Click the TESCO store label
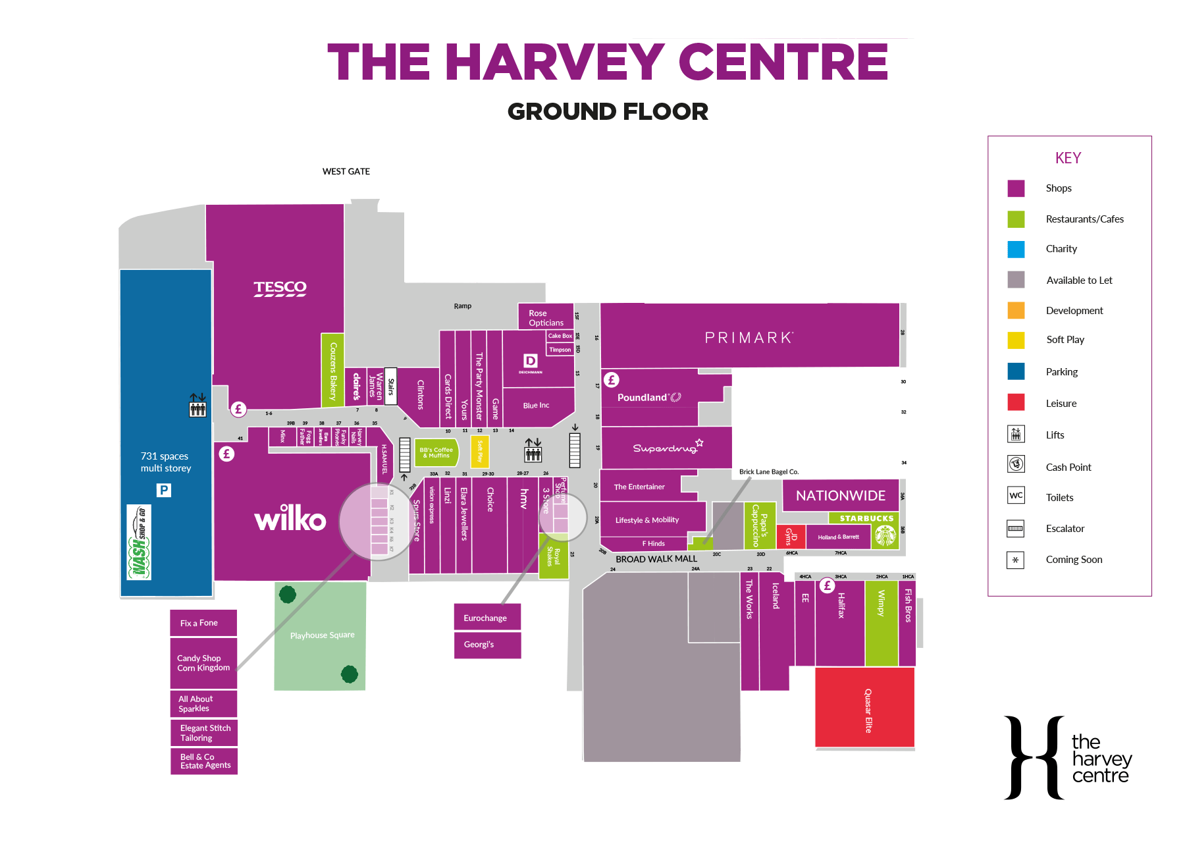[x=280, y=288]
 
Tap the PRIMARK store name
[x=749, y=338]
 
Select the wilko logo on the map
[x=290, y=518]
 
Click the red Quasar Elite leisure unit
[x=864, y=708]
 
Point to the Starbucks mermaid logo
[x=885, y=537]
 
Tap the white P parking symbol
[x=164, y=490]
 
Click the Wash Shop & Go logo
[x=139, y=542]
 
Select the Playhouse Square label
[x=322, y=635]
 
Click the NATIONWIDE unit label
[x=841, y=495]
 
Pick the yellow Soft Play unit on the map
[x=480, y=451]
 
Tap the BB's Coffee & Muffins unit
[x=436, y=453]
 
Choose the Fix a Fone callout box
[x=203, y=623]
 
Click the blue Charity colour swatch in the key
[x=1016, y=249]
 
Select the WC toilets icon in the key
[x=1016, y=496]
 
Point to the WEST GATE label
[x=346, y=172]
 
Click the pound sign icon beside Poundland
[x=612, y=379]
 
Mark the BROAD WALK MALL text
[x=656, y=559]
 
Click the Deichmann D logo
[x=530, y=361]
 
